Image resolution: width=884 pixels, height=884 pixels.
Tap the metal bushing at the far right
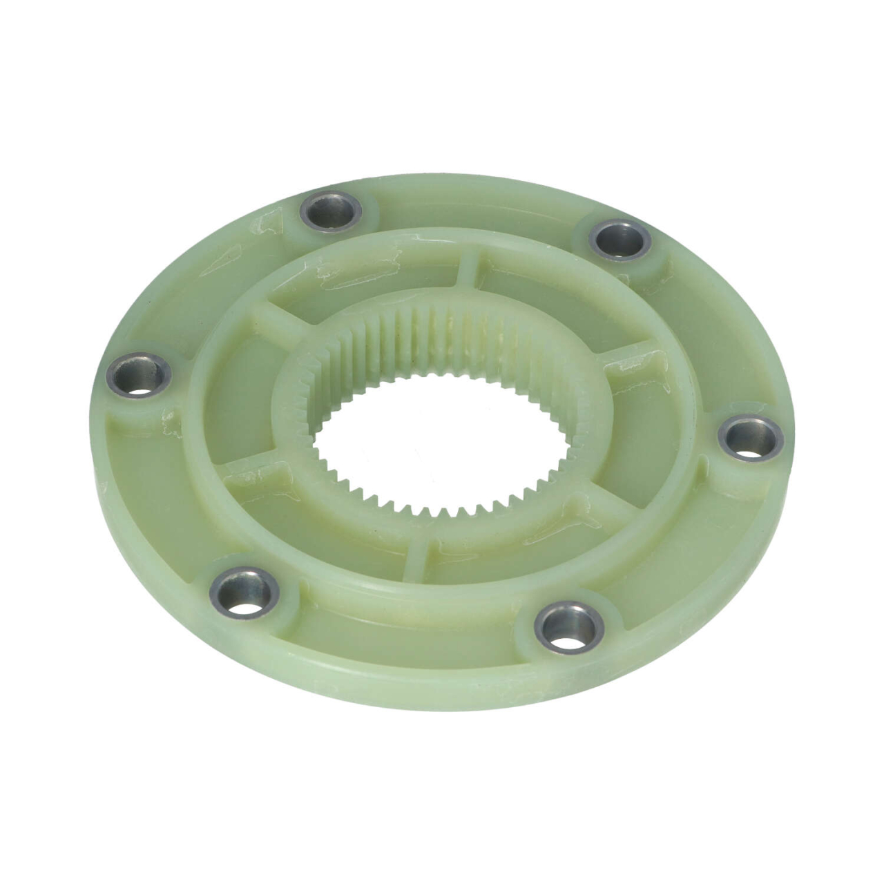[751, 438]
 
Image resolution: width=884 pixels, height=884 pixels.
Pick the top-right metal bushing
[620, 239]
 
